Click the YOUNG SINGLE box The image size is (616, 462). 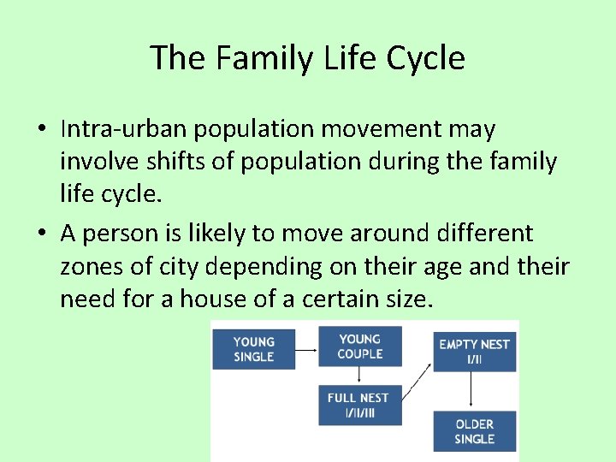point(253,349)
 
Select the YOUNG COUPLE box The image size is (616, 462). point(360,346)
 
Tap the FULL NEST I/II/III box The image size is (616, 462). point(358,405)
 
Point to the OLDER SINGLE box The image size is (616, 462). point(474,431)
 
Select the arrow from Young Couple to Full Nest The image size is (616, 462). point(360,376)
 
